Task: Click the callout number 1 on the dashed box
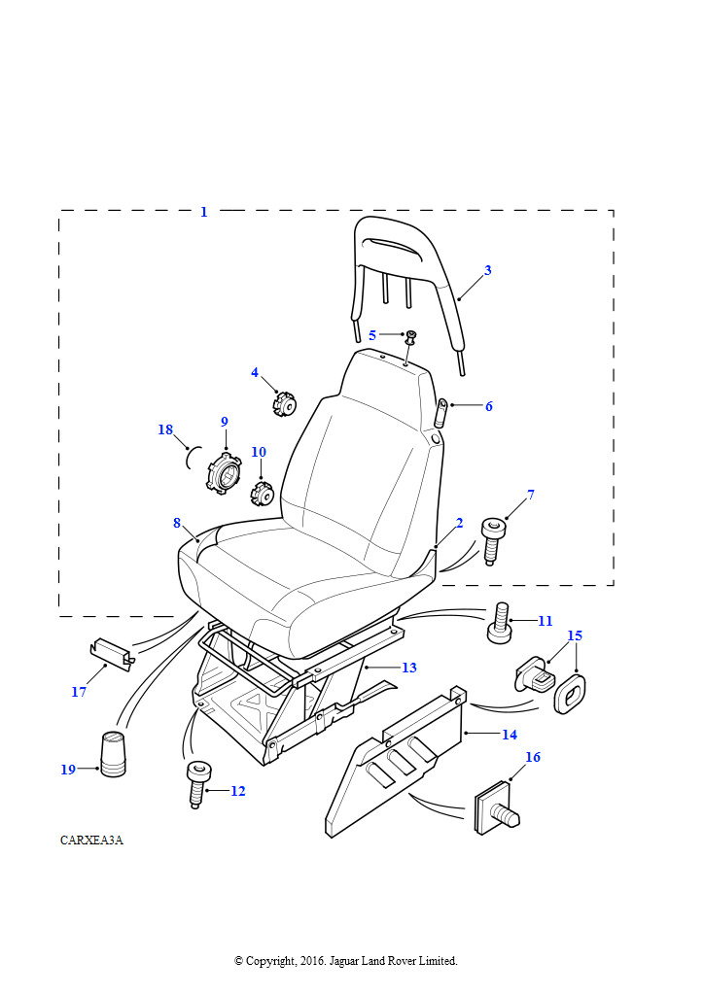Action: (x=204, y=212)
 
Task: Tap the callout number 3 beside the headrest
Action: (x=487, y=270)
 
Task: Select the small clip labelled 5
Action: (x=410, y=336)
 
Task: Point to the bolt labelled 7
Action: (x=493, y=540)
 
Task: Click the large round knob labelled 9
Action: (x=223, y=471)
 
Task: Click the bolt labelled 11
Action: (x=499, y=623)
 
